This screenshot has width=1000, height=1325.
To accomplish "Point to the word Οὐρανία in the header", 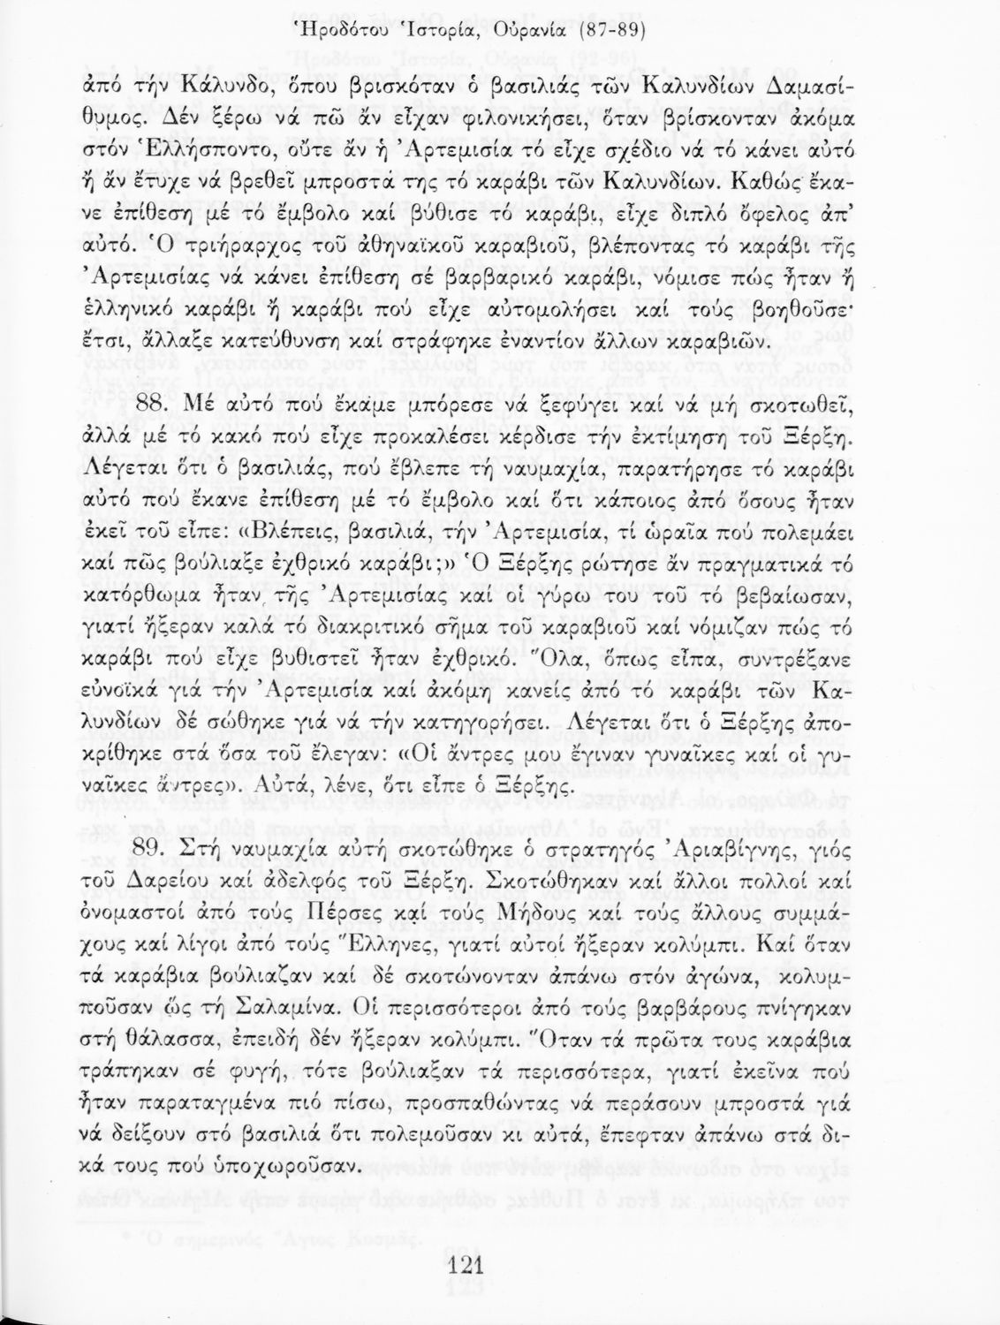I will pyautogui.click(x=549, y=33).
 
